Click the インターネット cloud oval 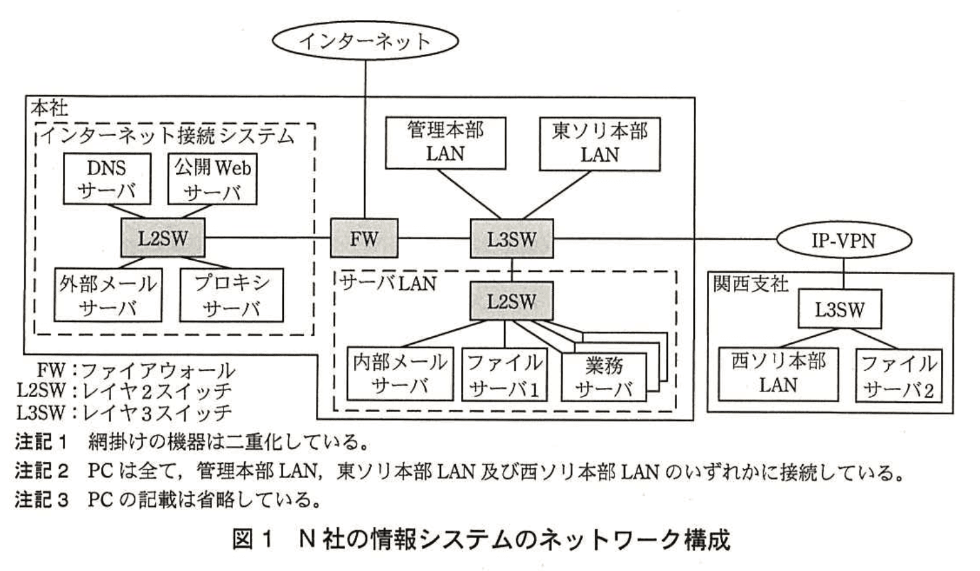(x=365, y=41)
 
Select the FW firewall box (x=364, y=239)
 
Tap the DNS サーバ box (x=107, y=179)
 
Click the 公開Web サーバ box (x=213, y=179)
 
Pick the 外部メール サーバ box (x=107, y=294)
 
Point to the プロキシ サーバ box (x=231, y=294)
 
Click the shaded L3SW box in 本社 (x=511, y=239)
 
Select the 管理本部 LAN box (x=445, y=143)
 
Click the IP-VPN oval (x=843, y=241)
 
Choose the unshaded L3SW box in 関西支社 (x=839, y=309)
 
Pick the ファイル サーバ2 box (x=898, y=376)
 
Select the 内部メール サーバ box (x=399, y=374)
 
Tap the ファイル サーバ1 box (x=504, y=375)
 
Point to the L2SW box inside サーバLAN (x=511, y=301)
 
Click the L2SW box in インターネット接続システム (x=162, y=239)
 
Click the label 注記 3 (x=41, y=499)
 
